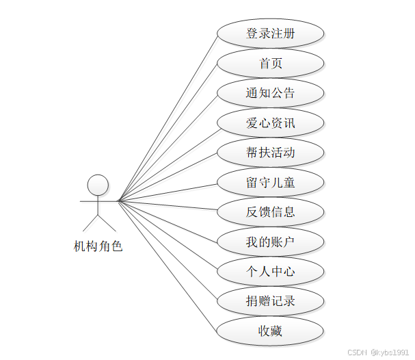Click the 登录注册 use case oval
270,34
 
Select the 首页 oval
270,64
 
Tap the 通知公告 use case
270,93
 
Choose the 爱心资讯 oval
270,123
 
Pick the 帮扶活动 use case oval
270,152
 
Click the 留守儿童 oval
270,182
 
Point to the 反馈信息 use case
270,211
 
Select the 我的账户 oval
270,242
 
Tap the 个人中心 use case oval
270,271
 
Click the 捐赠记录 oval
270,301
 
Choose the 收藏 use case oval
270,331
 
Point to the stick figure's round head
98,185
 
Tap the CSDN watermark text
357,352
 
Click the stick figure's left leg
91,222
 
